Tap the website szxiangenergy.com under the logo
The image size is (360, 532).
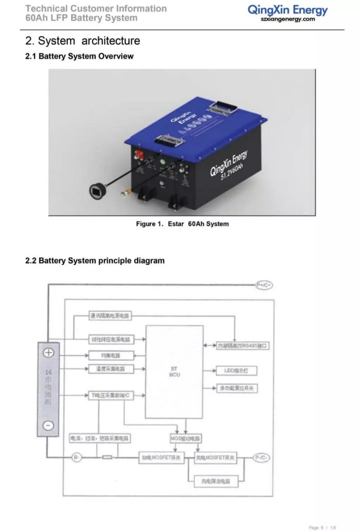(x=288, y=19)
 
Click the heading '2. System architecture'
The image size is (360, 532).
(x=82, y=41)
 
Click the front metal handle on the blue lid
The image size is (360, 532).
(x=169, y=141)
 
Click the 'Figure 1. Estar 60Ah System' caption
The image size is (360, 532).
(x=182, y=224)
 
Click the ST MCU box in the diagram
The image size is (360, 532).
(x=174, y=372)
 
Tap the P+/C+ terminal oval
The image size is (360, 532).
(x=264, y=285)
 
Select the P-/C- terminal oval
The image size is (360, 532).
(x=261, y=458)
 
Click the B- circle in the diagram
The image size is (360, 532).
(x=76, y=458)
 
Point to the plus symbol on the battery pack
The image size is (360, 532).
(x=48, y=353)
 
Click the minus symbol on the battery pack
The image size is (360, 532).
(x=48, y=426)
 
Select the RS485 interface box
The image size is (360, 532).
(x=242, y=346)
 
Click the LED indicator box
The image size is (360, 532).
(x=236, y=371)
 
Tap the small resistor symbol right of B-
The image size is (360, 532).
(x=107, y=458)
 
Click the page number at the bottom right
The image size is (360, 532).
(x=322, y=528)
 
